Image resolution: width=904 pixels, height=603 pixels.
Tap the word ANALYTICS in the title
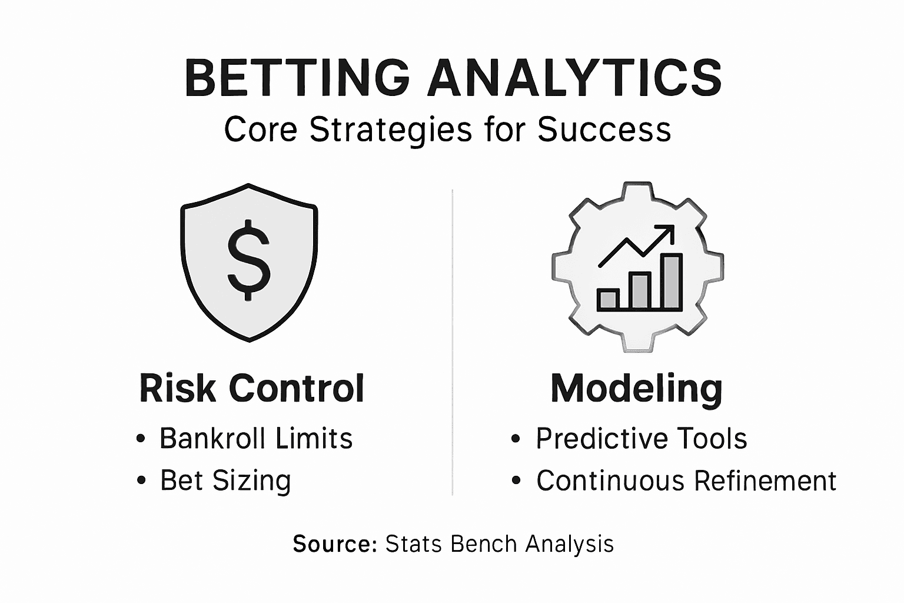point(574,78)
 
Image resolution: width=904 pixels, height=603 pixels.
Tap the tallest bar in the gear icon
point(672,282)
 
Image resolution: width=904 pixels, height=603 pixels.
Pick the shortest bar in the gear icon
point(607,300)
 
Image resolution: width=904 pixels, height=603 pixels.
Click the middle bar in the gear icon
point(639,291)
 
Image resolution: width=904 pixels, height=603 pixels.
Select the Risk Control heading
point(252,389)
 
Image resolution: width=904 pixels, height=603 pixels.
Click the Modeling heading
point(636,389)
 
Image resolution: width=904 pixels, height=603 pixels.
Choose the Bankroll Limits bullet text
point(256,439)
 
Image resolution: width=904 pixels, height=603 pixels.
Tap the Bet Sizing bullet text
point(225,481)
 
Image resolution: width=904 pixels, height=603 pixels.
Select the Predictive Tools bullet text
point(641,439)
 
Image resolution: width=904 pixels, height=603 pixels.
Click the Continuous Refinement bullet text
point(686,481)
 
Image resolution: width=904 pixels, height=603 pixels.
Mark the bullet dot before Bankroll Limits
point(141,439)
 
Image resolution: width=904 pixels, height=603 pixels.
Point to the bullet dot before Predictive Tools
point(516,439)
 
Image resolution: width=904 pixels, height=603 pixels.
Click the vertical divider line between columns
point(452,342)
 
